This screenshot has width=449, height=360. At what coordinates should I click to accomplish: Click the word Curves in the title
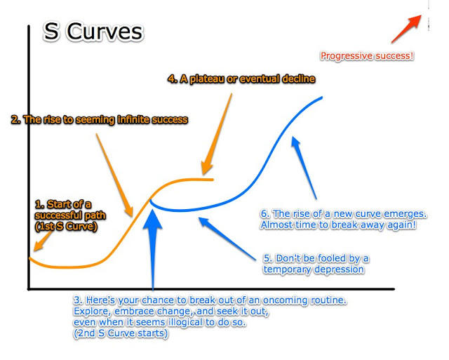click(105, 32)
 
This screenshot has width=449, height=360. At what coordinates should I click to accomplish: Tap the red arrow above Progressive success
click(406, 29)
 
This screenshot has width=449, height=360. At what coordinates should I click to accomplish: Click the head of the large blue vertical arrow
click(153, 220)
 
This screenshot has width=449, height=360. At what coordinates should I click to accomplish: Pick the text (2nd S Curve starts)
click(121, 333)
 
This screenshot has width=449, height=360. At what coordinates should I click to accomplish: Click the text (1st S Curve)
click(66, 227)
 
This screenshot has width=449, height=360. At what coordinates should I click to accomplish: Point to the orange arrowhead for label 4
click(207, 168)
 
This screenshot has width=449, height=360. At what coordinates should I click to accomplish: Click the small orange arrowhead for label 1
click(37, 246)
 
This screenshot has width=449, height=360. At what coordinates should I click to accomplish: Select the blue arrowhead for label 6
click(295, 142)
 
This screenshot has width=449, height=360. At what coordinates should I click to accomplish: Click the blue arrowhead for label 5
click(203, 222)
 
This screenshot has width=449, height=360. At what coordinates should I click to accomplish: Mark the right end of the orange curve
click(213, 180)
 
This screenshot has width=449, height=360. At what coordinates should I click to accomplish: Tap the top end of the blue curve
click(322, 98)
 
